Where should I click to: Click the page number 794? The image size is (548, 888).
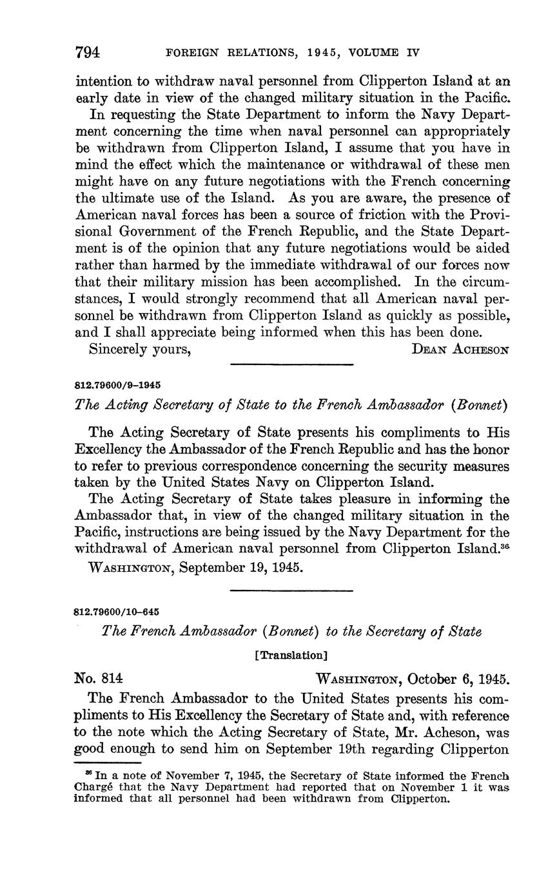coord(88,52)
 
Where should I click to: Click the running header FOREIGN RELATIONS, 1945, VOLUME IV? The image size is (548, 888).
coord(293,53)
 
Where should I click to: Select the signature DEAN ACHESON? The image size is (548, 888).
coord(460,350)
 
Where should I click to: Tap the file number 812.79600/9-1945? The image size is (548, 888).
coord(118,385)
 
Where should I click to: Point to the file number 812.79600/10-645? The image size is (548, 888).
coord(117,611)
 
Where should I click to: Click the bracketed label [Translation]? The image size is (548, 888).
coord(291,655)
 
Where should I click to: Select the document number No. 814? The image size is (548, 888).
coord(99,678)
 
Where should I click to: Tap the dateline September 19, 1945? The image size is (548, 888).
coord(189,569)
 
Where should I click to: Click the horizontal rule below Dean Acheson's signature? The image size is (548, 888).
coord(291,365)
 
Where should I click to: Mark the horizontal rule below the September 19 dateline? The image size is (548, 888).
coord(291,590)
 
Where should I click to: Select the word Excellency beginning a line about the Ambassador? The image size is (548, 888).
coord(106,449)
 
